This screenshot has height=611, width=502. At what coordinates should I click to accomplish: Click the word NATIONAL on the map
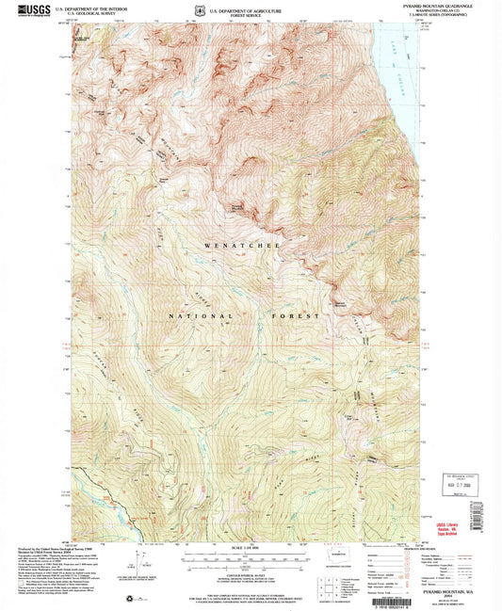(190, 317)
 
